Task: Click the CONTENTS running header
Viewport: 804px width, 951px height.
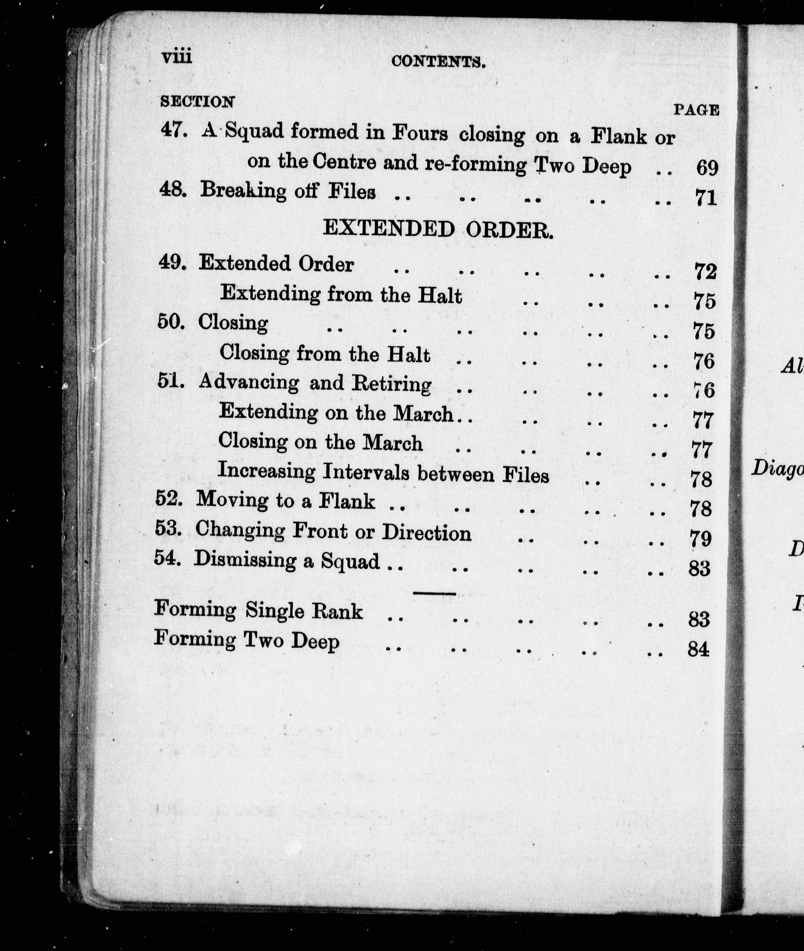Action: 438,61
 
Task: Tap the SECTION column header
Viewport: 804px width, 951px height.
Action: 197,101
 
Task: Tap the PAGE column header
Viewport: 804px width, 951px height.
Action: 696,110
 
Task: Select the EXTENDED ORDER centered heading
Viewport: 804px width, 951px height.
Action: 438,229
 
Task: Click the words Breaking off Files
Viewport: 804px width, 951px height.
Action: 288,191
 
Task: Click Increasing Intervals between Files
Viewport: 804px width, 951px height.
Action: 383,473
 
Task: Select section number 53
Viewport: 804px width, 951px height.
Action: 169,529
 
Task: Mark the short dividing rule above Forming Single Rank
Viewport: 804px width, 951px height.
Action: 434,593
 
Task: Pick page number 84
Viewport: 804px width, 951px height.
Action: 698,649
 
